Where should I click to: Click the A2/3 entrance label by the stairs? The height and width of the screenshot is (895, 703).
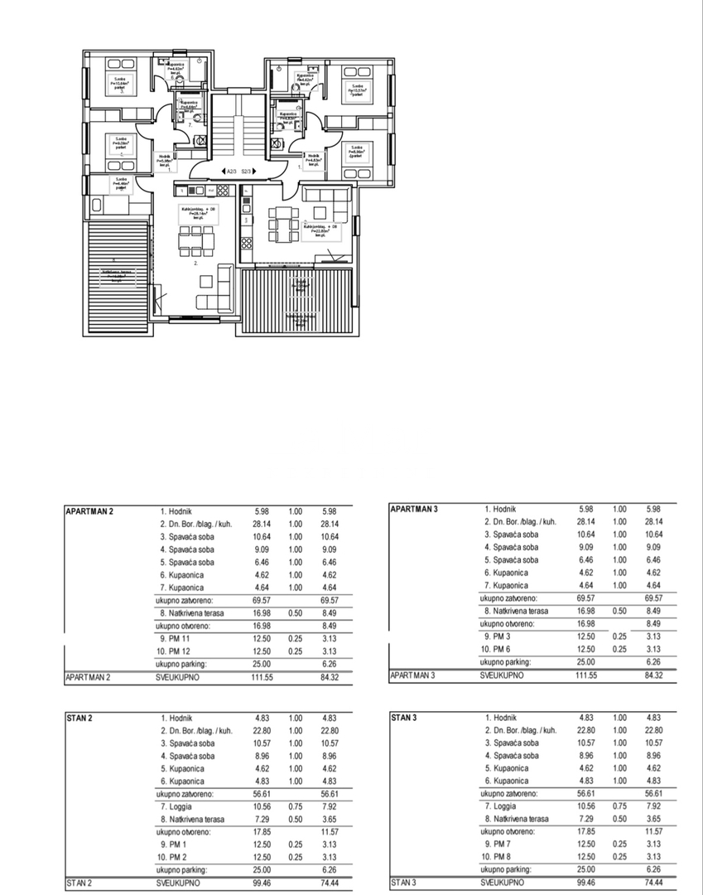[x=231, y=172]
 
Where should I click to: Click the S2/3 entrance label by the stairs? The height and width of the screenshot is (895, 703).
[x=247, y=172]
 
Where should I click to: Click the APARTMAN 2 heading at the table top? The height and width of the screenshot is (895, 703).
[x=89, y=511]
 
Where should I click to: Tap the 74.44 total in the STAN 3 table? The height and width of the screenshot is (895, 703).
[x=653, y=883]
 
